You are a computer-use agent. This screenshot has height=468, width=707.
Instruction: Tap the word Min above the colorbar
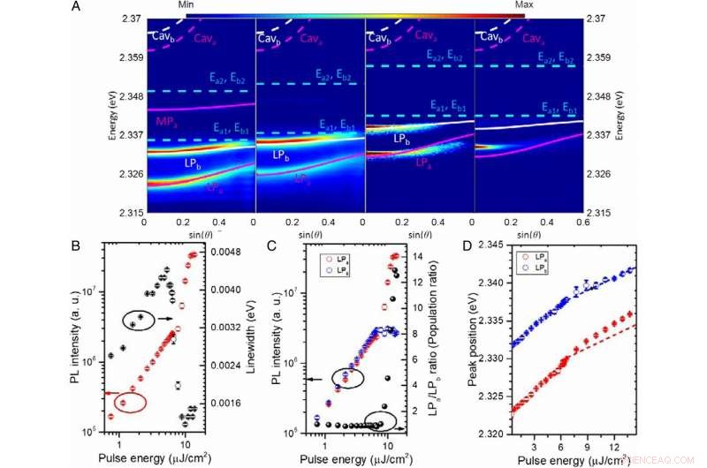pyautogui.click(x=186, y=5)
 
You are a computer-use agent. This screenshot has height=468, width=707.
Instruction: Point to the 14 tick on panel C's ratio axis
pyautogui.click(x=421, y=257)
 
